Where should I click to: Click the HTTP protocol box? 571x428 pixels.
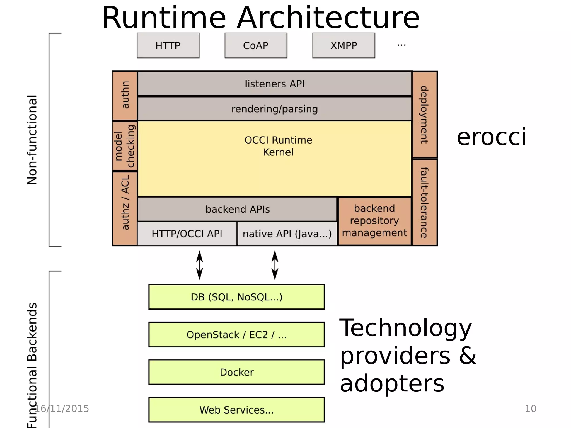pos(168,45)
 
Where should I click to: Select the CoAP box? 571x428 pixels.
pos(256,45)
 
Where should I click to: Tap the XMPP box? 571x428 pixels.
pos(343,45)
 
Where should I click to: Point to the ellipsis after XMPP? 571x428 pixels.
pos(401,45)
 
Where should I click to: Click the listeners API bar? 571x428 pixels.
pos(275,84)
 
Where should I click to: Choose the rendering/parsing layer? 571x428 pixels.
pos(275,109)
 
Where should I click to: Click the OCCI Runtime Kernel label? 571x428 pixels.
pos(278,146)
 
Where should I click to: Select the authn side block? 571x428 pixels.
pos(125,95)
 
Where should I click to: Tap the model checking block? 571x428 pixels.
pos(125,146)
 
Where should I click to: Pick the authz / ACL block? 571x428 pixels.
pos(125,208)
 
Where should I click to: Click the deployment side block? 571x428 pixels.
pos(424,114)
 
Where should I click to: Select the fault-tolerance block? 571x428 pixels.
pos(424,203)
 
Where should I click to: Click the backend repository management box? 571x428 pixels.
pos(374,221)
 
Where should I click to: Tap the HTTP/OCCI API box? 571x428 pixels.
pos(187,234)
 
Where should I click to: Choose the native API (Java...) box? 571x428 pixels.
pos(287,234)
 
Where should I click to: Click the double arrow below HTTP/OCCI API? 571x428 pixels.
pos(200,265)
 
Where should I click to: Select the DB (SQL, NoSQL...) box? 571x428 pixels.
pos(236,297)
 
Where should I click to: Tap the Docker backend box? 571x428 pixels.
pos(236,372)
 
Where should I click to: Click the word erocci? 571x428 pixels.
pos(491,137)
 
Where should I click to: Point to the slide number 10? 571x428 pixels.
pos(530,408)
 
